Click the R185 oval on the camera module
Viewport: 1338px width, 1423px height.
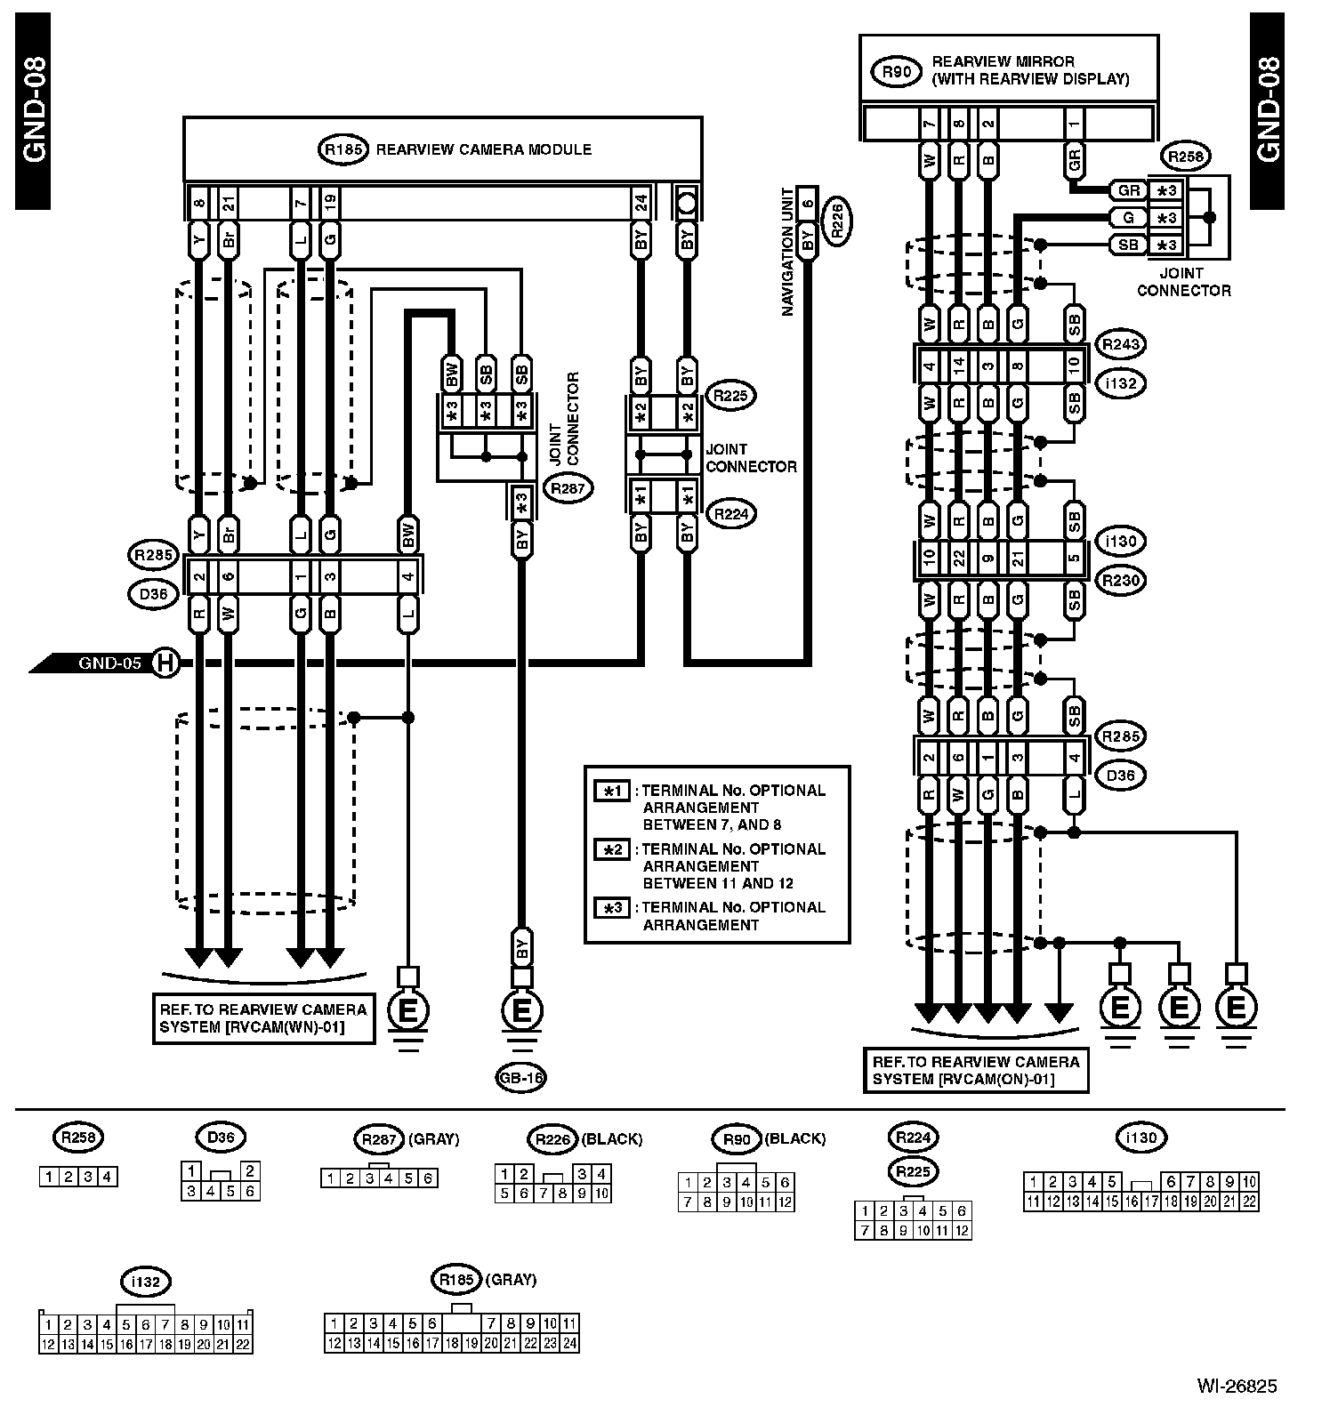[343, 149]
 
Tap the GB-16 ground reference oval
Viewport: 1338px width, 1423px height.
[521, 1078]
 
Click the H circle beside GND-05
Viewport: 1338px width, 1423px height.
[164, 663]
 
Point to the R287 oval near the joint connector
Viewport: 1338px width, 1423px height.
[568, 487]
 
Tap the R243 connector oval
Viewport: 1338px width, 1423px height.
[1121, 344]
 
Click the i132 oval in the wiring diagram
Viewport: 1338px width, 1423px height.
[1121, 383]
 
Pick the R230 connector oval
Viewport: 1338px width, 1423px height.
[1121, 581]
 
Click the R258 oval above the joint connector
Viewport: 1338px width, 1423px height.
[1185, 157]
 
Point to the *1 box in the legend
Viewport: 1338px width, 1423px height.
[612, 791]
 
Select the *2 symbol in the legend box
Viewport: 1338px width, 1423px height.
[612, 849]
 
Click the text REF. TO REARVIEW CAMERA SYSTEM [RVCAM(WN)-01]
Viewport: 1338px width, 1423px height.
[262, 1018]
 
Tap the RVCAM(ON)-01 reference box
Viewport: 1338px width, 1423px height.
[976, 1070]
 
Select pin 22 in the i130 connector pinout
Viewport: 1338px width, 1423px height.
[1249, 1202]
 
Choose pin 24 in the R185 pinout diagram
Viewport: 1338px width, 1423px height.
[569, 1343]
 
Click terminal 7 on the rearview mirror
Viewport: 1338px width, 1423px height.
[929, 124]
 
